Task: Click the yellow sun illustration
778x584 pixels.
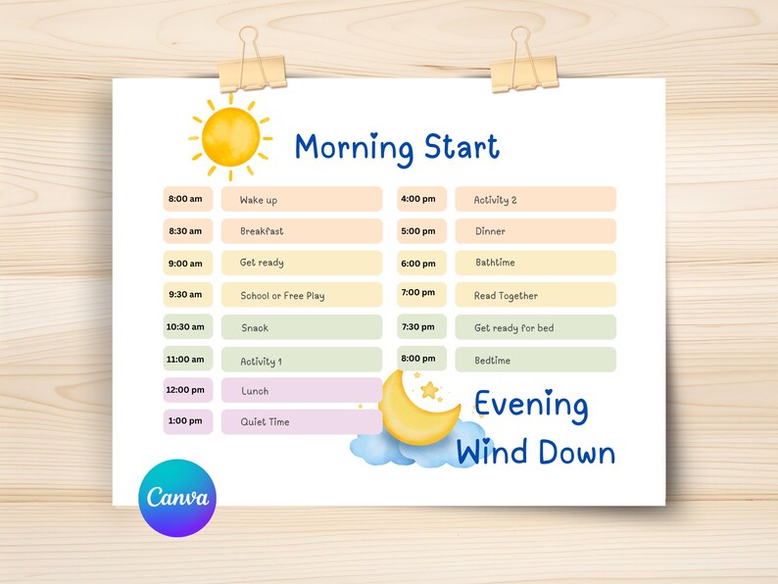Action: coord(231,136)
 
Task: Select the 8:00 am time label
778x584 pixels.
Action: coord(185,199)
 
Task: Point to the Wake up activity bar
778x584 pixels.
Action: coord(301,200)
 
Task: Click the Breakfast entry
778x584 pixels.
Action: coord(301,231)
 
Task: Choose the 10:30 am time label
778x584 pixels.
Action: coord(185,327)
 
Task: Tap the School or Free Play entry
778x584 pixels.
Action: coord(301,295)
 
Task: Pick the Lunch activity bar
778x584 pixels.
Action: coord(301,391)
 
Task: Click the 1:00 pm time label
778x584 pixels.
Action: coord(185,421)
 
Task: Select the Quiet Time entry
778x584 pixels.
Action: coord(301,422)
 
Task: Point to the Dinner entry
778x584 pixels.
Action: coord(535,231)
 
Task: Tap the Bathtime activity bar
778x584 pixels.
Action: coord(535,263)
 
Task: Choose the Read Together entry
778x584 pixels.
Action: coord(535,295)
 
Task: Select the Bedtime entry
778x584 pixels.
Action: coord(535,360)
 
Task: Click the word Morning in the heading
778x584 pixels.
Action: coord(354,148)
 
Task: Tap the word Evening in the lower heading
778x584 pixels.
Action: coord(531,405)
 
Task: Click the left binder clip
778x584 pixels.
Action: coord(253,65)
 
